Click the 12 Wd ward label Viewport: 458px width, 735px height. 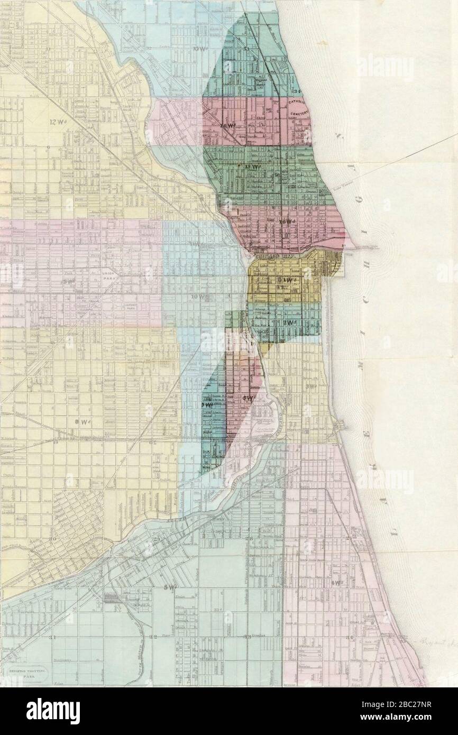(55, 122)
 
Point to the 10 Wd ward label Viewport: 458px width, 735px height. (197, 297)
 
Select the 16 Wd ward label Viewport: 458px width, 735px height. (284, 222)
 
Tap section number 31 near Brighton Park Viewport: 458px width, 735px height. (52, 637)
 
